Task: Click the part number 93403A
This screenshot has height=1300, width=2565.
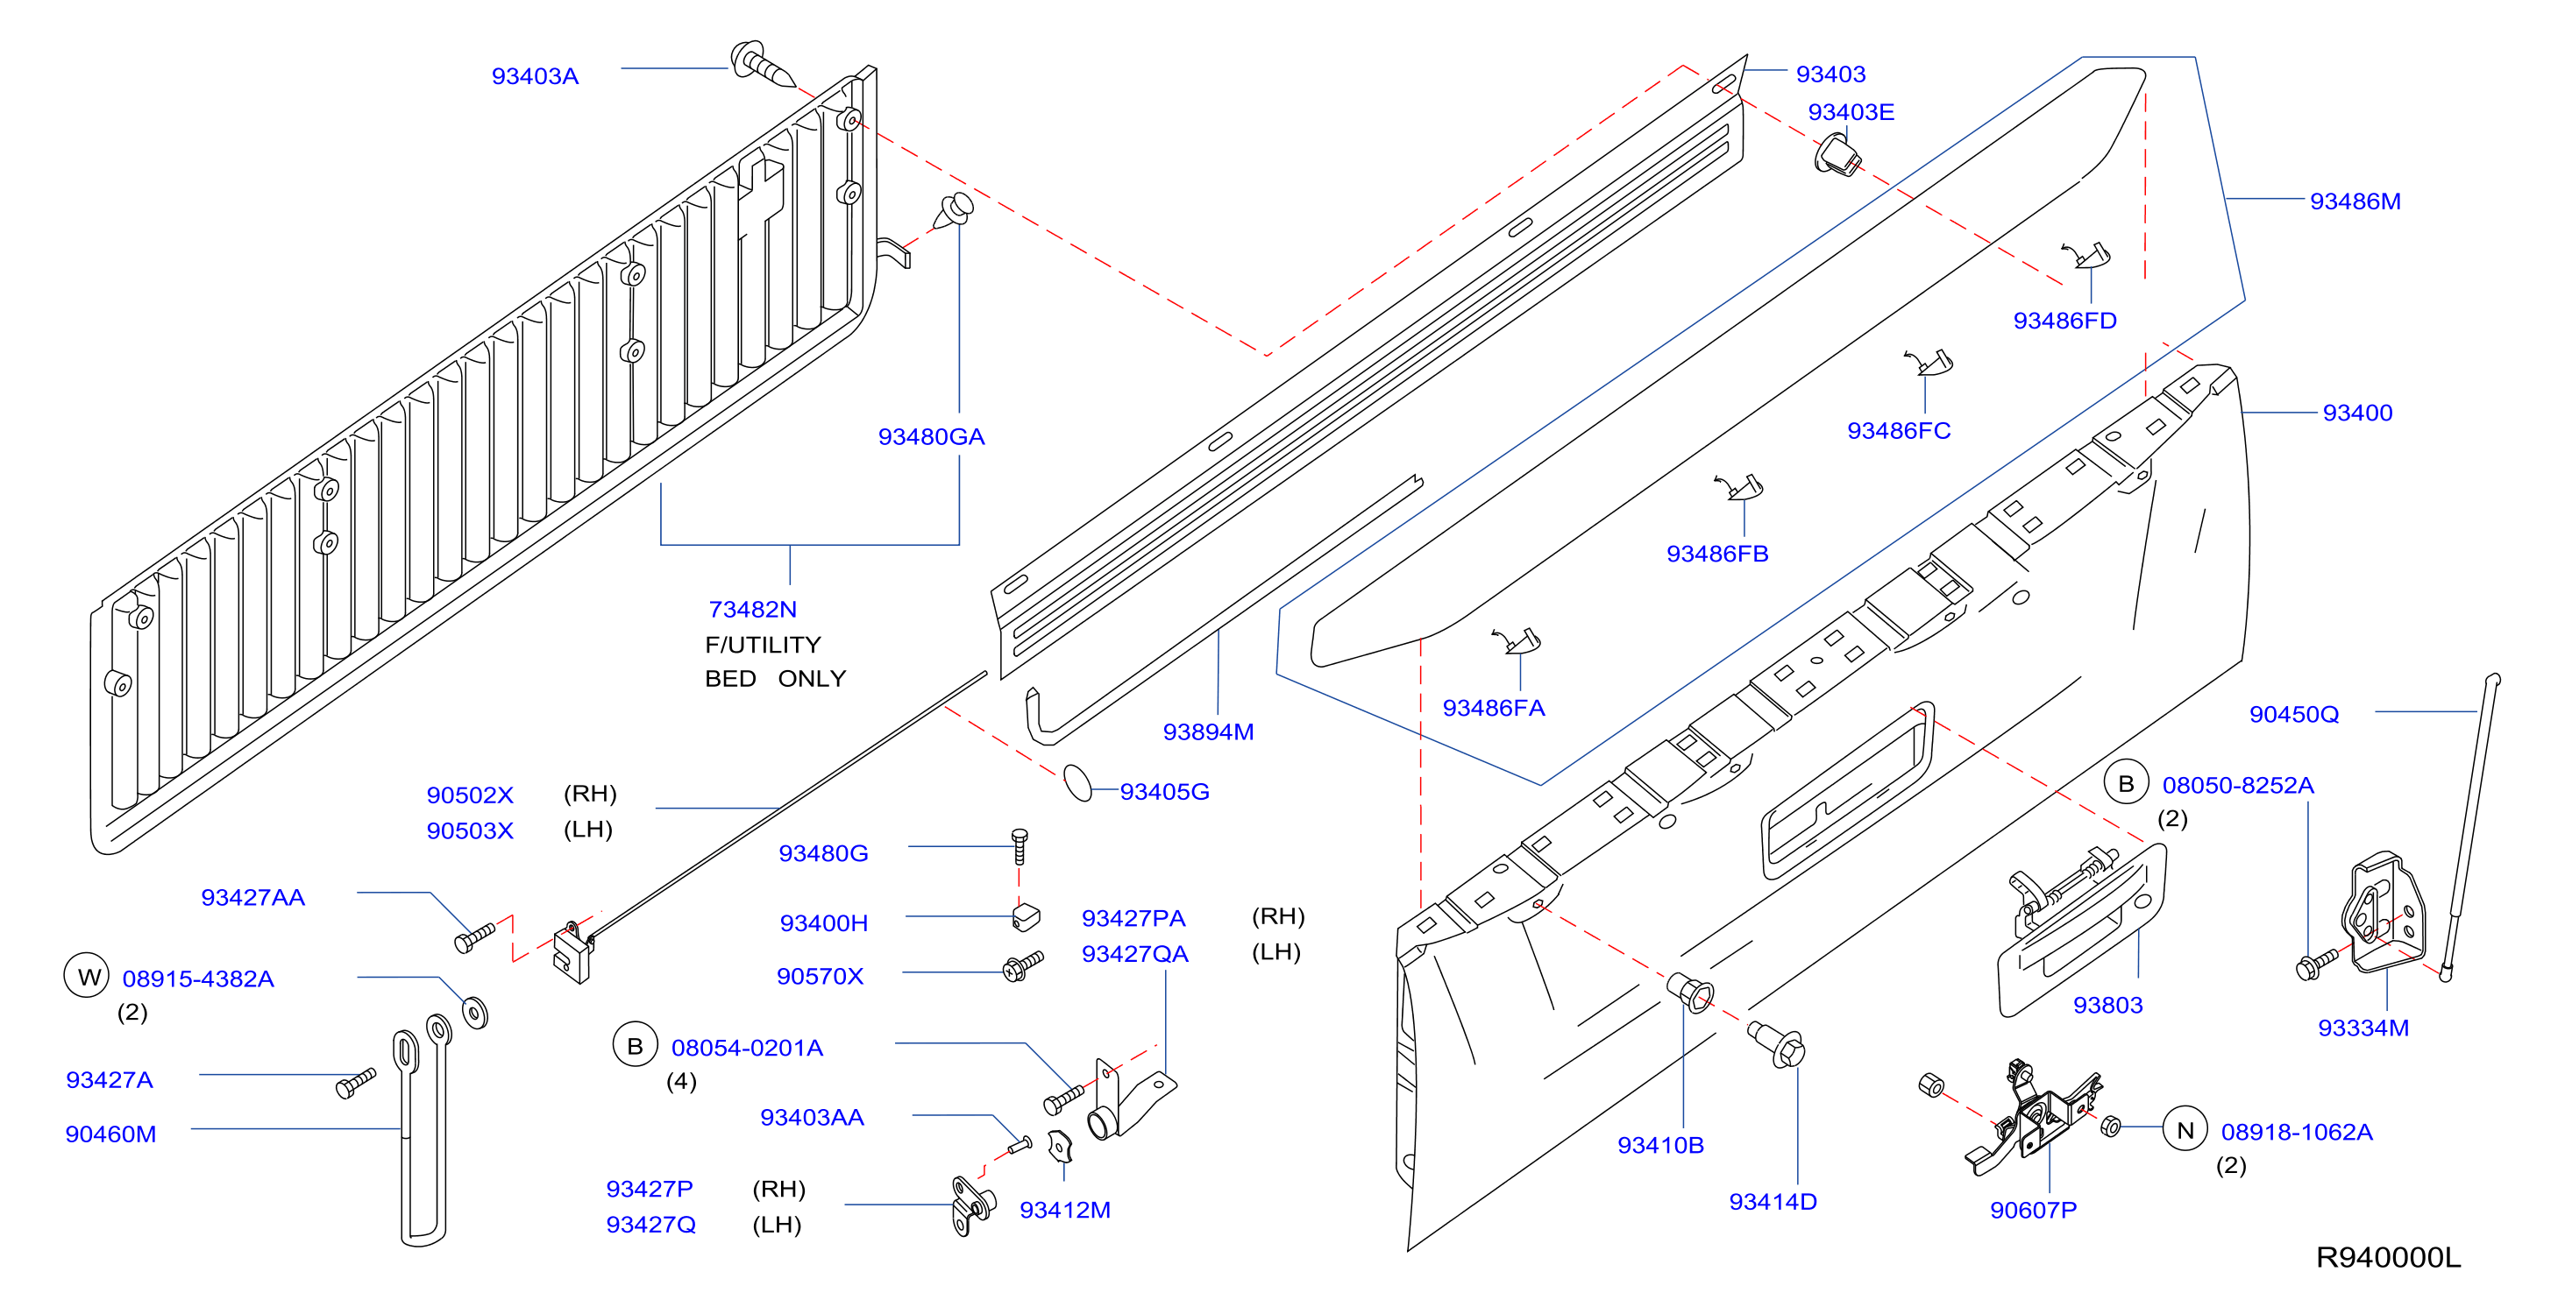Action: coord(535,76)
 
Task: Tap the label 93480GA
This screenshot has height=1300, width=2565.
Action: coord(931,437)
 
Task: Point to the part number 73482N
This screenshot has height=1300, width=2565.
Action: coord(753,609)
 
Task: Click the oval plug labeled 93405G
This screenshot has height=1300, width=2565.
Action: coord(1077,782)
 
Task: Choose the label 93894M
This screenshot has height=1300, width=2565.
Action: coord(1208,731)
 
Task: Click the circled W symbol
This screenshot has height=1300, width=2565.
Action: coord(87,977)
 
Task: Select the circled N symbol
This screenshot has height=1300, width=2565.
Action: coord(2185,1131)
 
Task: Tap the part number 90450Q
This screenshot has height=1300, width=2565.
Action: coord(2294,714)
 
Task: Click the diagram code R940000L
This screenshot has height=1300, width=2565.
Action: coord(2388,1257)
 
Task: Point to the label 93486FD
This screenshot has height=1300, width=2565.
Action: coord(2065,321)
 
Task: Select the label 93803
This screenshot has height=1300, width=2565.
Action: coord(2108,1006)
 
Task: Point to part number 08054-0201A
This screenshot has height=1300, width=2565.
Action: coord(747,1049)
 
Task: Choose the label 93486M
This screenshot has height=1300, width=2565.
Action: coord(2355,201)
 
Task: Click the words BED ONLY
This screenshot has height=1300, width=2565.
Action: coord(775,679)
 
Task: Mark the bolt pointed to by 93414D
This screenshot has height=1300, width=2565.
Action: coord(1778,1044)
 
